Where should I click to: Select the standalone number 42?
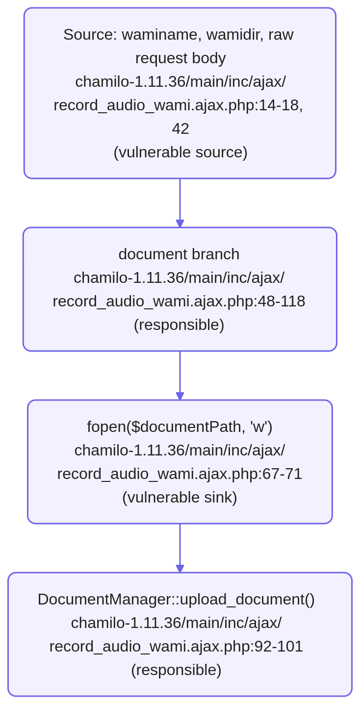pyautogui.click(x=180, y=129)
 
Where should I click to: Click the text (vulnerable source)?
pyautogui.click(x=180, y=152)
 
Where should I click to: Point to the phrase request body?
pyautogui.click(x=180, y=58)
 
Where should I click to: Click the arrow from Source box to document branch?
pyautogui.click(x=180, y=203)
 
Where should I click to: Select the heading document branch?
pyautogui.click(x=179, y=254)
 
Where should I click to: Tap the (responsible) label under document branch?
pyautogui.click(x=179, y=325)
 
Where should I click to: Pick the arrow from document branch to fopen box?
pyautogui.click(x=180, y=376)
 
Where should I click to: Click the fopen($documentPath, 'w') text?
pyautogui.click(x=180, y=427)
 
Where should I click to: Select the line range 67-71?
pyautogui.click(x=282, y=474)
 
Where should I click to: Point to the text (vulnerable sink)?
pyautogui.click(x=180, y=498)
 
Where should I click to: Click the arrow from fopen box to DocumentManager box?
pyautogui.click(x=180, y=548)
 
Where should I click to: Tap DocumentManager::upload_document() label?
pyautogui.click(x=176, y=600)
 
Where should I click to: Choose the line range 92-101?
pyautogui.click(x=279, y=647)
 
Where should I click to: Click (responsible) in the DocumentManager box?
pyautogui.click(x=176, y=670)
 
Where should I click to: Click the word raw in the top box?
pyautogui.click(x=281, y=35)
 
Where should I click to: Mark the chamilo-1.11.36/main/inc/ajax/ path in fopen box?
pyautogui.click(x=180, y=451)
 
